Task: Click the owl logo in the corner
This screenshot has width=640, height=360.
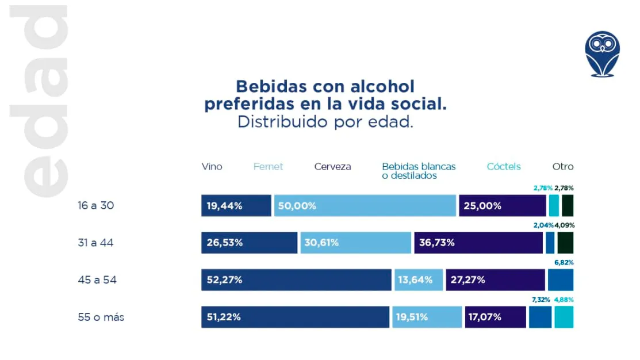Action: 602,54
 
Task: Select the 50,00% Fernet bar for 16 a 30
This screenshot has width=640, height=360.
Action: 365,206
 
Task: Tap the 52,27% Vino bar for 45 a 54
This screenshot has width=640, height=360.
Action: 296,280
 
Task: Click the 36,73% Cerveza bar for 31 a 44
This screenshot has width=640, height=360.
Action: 478,243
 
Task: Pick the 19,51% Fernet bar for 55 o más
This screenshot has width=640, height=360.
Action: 427,317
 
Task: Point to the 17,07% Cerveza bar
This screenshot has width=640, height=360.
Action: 496,317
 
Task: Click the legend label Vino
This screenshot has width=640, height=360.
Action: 212,167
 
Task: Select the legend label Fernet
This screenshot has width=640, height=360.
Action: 268,167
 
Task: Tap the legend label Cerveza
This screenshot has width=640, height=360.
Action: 332,167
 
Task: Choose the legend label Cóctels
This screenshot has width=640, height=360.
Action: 504,167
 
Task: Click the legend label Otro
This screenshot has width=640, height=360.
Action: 563,167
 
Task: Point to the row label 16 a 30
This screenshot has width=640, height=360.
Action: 96,205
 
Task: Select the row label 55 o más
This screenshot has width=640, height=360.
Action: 101,317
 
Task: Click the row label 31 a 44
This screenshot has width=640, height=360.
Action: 95,243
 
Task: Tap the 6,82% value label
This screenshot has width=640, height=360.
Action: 563,262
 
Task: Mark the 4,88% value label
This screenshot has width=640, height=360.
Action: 564,300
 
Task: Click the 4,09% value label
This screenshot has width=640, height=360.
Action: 564,225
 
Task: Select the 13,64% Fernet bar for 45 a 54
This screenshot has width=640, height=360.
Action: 418,280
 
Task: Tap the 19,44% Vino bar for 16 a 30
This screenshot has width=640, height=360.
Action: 236,206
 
